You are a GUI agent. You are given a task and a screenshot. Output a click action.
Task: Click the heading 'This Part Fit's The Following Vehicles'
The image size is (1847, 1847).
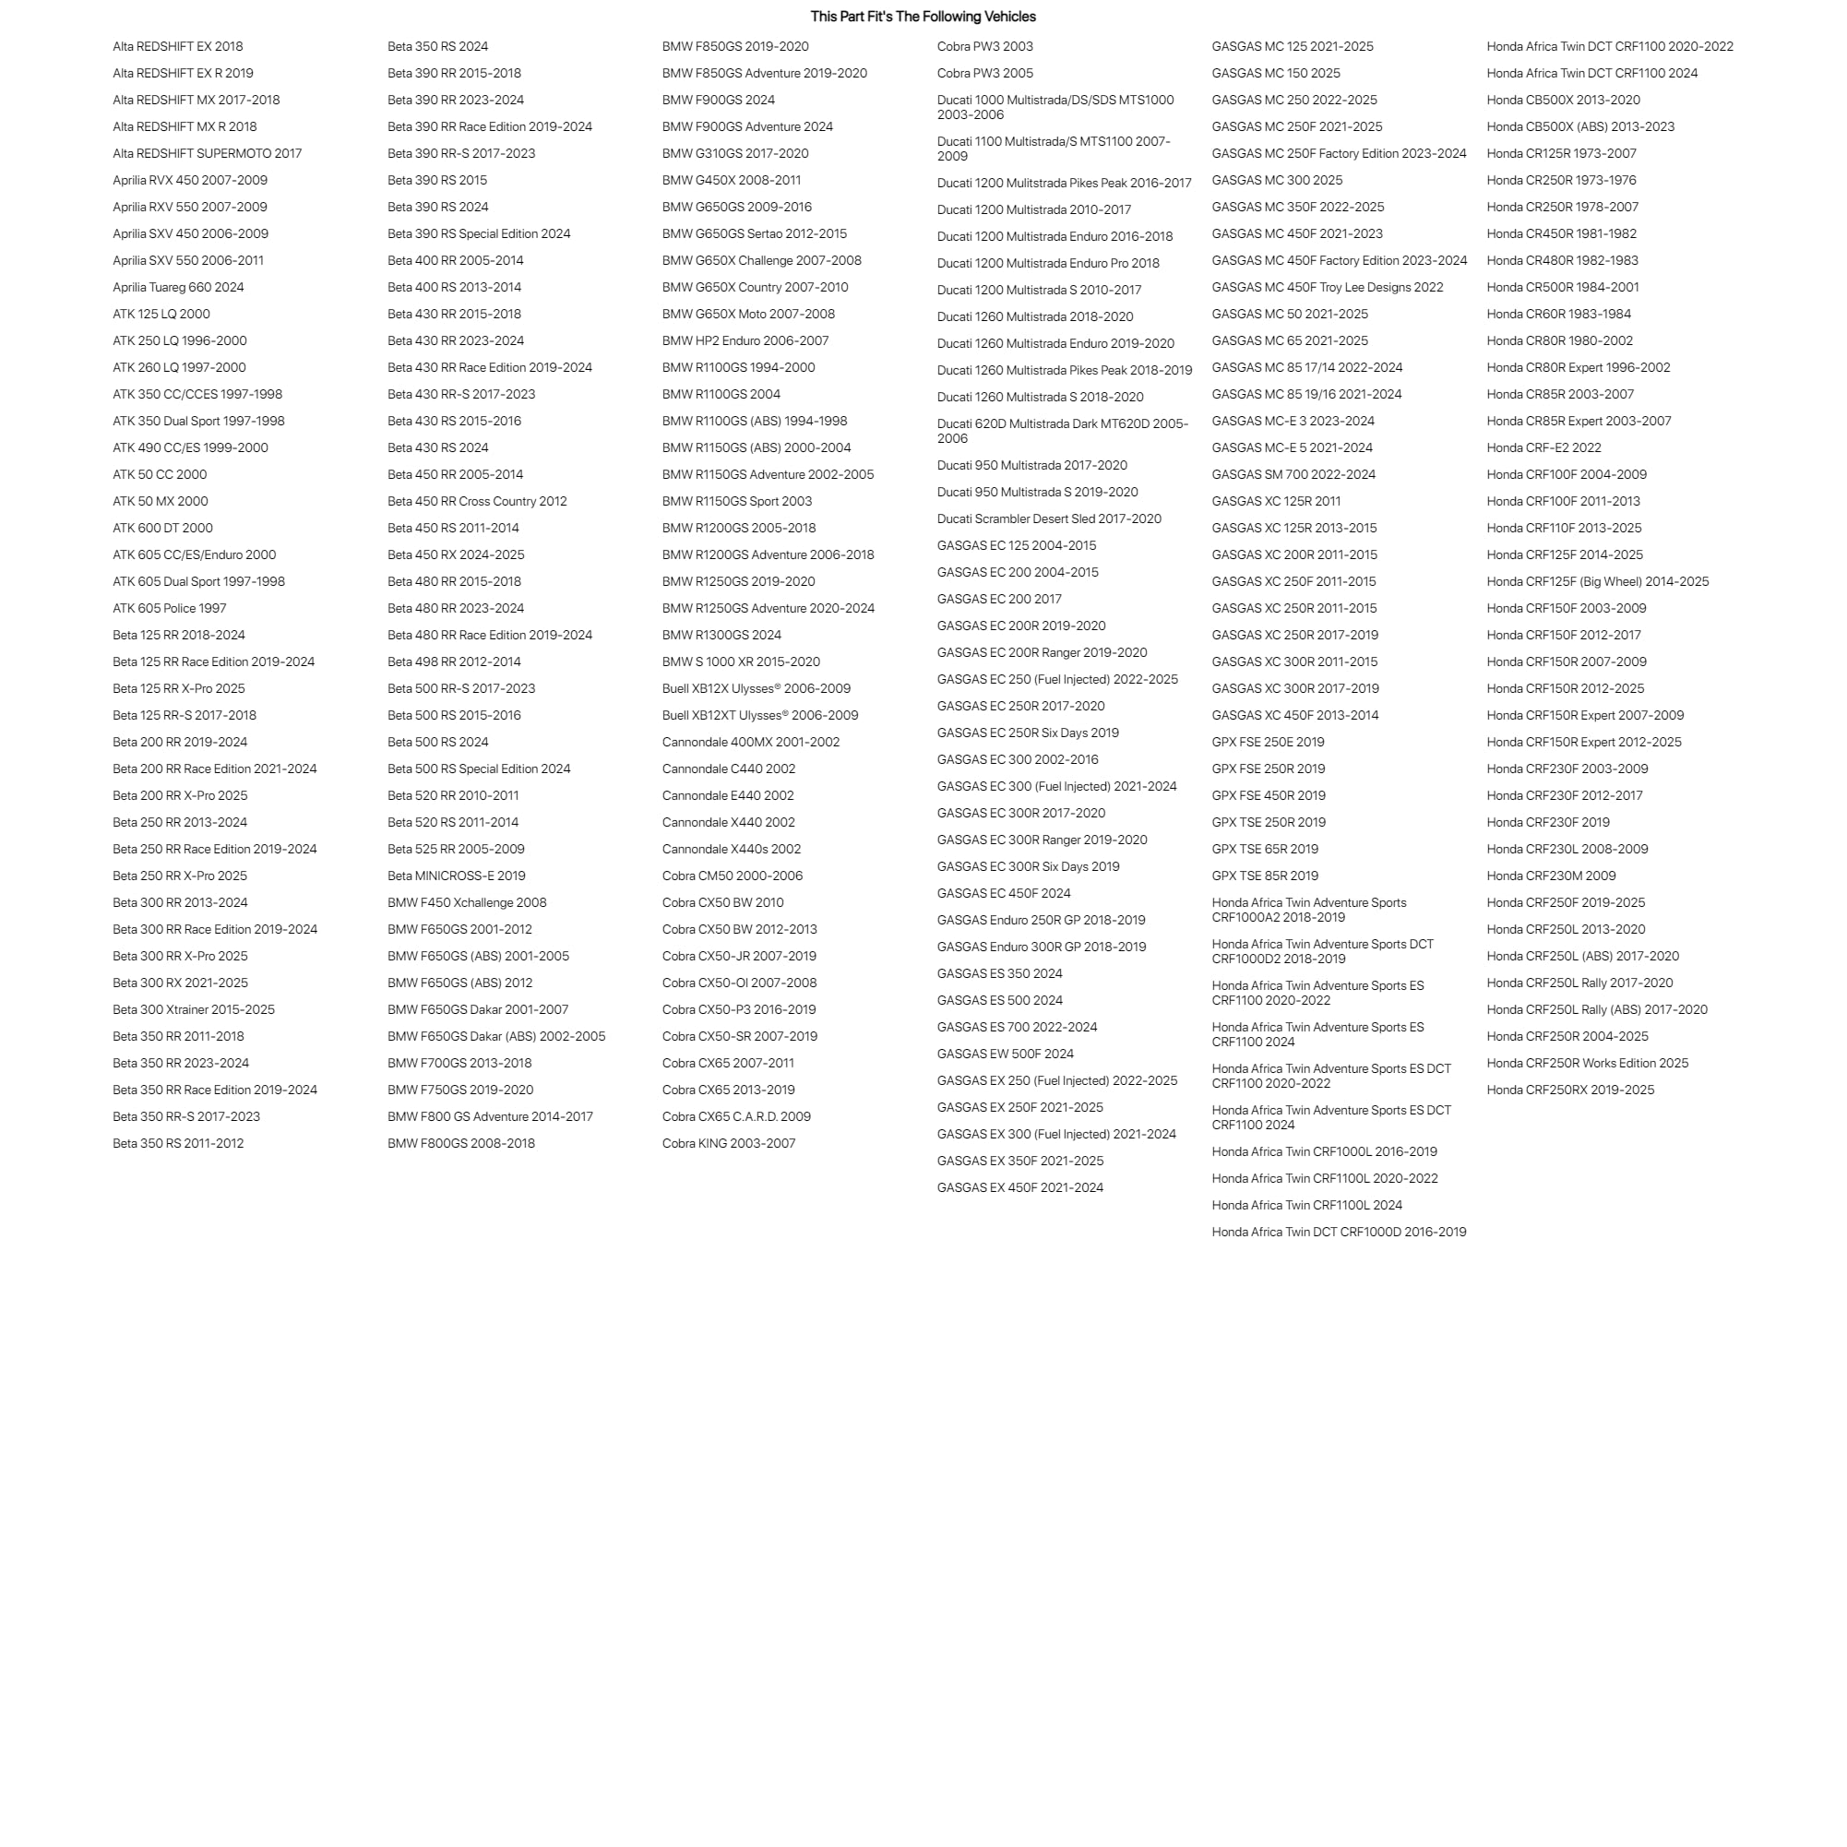(923, 17)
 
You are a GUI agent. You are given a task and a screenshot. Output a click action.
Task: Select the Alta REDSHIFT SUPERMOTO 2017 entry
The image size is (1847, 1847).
(207, 153)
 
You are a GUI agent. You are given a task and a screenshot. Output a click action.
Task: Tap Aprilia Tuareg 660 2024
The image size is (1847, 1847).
(178, 287)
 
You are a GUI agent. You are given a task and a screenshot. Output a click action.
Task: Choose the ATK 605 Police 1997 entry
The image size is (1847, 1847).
(169, 608)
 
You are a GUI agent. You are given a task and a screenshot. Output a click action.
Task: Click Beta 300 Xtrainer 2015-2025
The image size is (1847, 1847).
(193, 1009)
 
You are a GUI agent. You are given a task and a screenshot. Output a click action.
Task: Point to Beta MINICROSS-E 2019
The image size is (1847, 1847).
(456, 876)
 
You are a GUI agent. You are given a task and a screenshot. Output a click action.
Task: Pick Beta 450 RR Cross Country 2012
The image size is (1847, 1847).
(476, 501)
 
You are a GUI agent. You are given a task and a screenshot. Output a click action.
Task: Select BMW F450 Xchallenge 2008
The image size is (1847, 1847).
(467, 902)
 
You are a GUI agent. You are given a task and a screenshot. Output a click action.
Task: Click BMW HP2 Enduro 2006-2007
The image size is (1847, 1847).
(745, 340)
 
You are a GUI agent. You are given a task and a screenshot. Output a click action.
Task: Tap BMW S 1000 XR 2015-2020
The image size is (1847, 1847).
(741, 661)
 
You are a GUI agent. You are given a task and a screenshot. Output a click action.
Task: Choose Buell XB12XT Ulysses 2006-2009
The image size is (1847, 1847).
(760, 715)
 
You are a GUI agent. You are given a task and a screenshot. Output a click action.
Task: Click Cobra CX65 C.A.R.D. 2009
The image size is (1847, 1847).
(736, 1116)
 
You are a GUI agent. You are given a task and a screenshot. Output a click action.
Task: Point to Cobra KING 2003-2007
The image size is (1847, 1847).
(729, 1143)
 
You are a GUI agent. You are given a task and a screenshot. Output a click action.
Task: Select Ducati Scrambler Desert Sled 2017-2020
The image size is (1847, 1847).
(1049, 519)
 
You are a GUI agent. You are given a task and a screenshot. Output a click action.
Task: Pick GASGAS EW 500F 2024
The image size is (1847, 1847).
(1005, 1054)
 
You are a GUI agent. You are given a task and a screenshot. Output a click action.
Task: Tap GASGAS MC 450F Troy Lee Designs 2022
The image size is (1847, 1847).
(1327, 287)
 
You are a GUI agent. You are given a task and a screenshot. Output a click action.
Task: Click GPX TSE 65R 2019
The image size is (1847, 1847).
(1265, 849)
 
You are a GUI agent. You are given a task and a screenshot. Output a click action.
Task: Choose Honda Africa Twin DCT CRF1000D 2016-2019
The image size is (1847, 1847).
(1339, 1233)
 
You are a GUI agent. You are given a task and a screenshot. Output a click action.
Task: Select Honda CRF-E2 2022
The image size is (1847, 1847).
(1543, 447)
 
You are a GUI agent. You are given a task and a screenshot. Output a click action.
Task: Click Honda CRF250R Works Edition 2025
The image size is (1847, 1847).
(1587, 1063)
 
